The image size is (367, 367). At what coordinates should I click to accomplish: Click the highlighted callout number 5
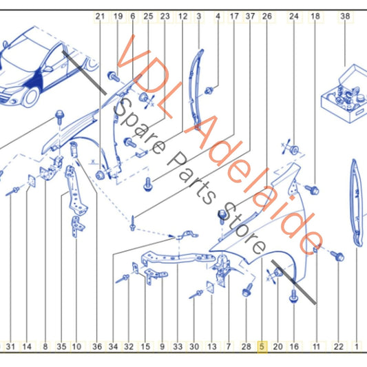tap(262, 346)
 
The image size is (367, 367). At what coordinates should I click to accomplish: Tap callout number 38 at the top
tap(345, 16)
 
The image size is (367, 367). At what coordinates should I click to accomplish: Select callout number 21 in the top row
tap(100, 16)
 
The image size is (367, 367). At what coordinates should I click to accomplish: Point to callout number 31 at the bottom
tap(10, 346)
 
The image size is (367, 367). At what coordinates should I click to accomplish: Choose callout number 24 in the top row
tap(294, 16)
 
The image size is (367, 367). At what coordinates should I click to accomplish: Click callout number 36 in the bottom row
tap(97, 346)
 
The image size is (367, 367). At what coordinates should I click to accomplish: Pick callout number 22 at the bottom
tap(339, 346)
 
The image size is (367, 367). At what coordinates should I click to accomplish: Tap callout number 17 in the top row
tap(234, 16)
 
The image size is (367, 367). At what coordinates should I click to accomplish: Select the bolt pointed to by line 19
tap(114, 76)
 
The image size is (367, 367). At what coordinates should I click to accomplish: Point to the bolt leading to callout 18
tap(312, 189)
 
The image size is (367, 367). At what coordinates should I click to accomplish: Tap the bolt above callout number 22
tap(337, 256)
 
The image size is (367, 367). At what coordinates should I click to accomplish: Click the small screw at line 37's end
tap(132, 224)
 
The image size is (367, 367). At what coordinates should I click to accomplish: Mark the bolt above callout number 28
tap(247, 291)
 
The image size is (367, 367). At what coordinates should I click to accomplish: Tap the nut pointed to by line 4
tap(209, 91)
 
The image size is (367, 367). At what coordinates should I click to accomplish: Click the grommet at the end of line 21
tap(100, 175)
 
